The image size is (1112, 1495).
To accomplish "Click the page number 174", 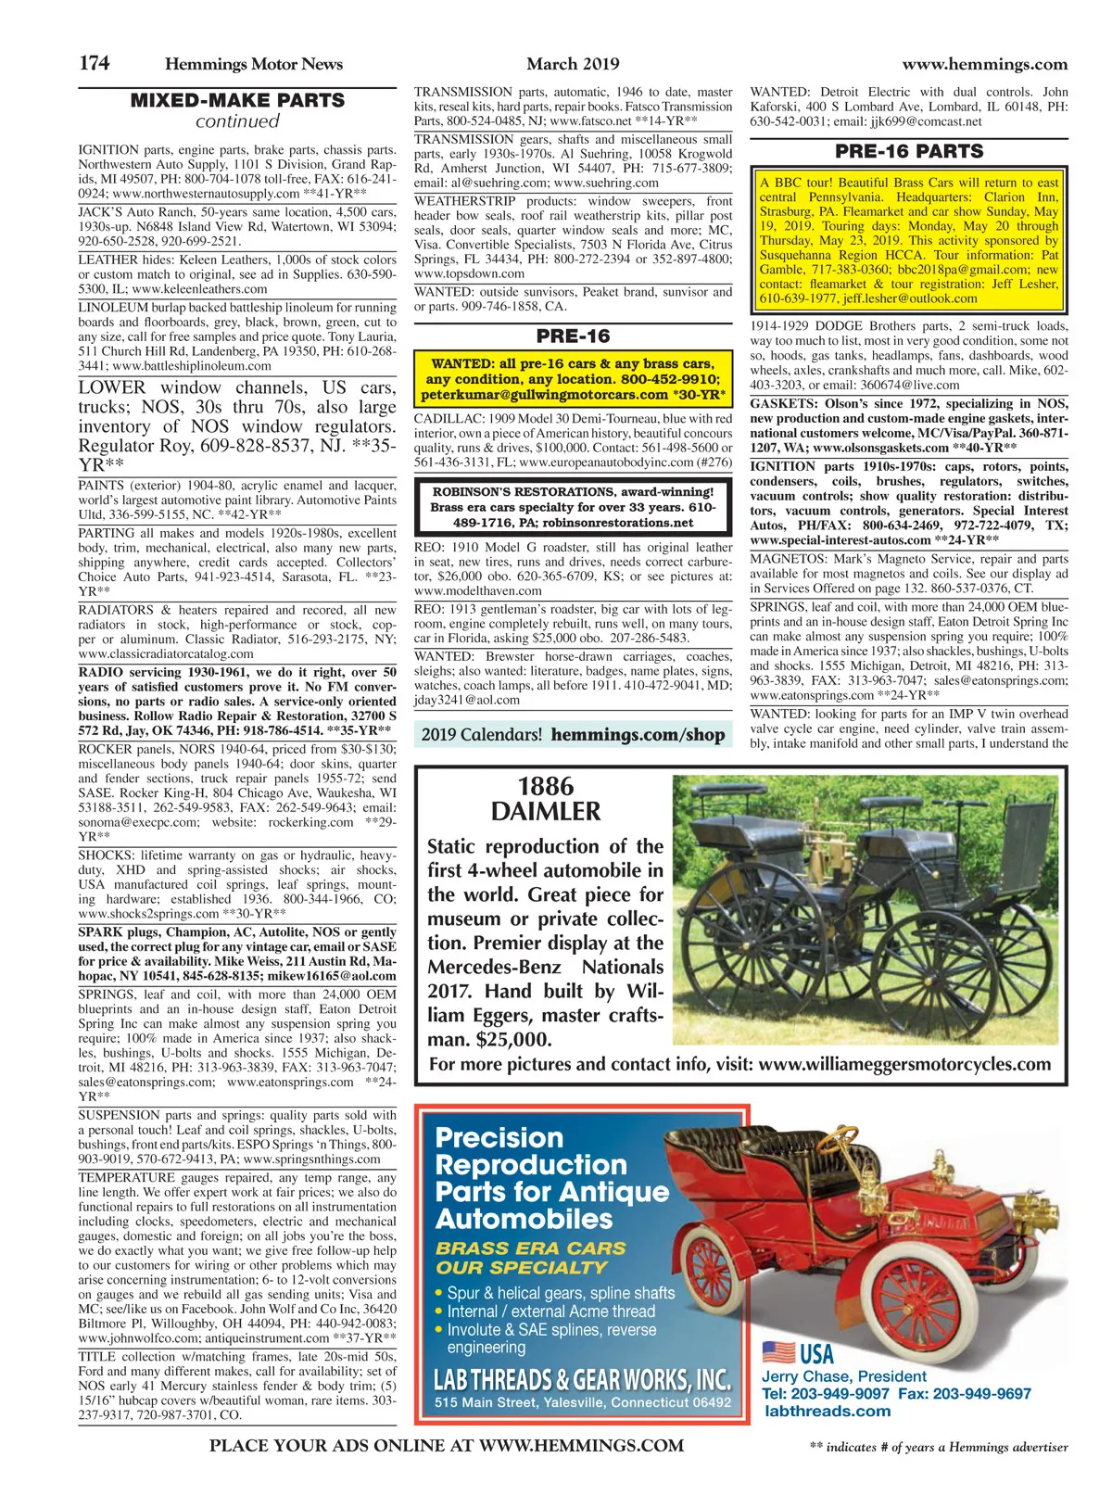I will tap(94, 63).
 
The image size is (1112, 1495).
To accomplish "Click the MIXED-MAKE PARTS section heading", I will tap(237, 100).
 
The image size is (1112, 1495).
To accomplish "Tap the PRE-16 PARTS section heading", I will tap(908, 151).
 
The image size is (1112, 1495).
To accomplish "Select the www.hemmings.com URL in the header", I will tap(984, 64).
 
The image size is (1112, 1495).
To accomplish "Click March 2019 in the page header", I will tap(573, 64).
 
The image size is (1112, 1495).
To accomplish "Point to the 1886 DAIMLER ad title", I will tap(545, 799).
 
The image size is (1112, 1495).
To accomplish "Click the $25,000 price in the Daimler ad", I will tap(511, 1039).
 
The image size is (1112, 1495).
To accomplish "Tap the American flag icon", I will tap(778, 1352).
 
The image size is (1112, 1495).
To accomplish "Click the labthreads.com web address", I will tap(828, 1411).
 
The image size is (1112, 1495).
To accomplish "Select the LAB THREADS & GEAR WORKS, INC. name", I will tap(582, 1379).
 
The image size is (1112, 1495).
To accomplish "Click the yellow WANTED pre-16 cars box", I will tap(572, 379).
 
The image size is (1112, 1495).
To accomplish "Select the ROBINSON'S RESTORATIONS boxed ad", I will tap(572, 507).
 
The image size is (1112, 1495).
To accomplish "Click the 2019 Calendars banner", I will tap(572, 735).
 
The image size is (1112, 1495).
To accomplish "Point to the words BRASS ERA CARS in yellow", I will tap(531, 1248).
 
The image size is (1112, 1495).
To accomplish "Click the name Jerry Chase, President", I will tap(843, 1376).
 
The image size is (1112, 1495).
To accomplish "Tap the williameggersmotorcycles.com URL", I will tap(904, 1064).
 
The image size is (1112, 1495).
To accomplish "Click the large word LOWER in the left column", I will tap(112, 387).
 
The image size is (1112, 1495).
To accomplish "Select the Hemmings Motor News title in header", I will tap(253, 64).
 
